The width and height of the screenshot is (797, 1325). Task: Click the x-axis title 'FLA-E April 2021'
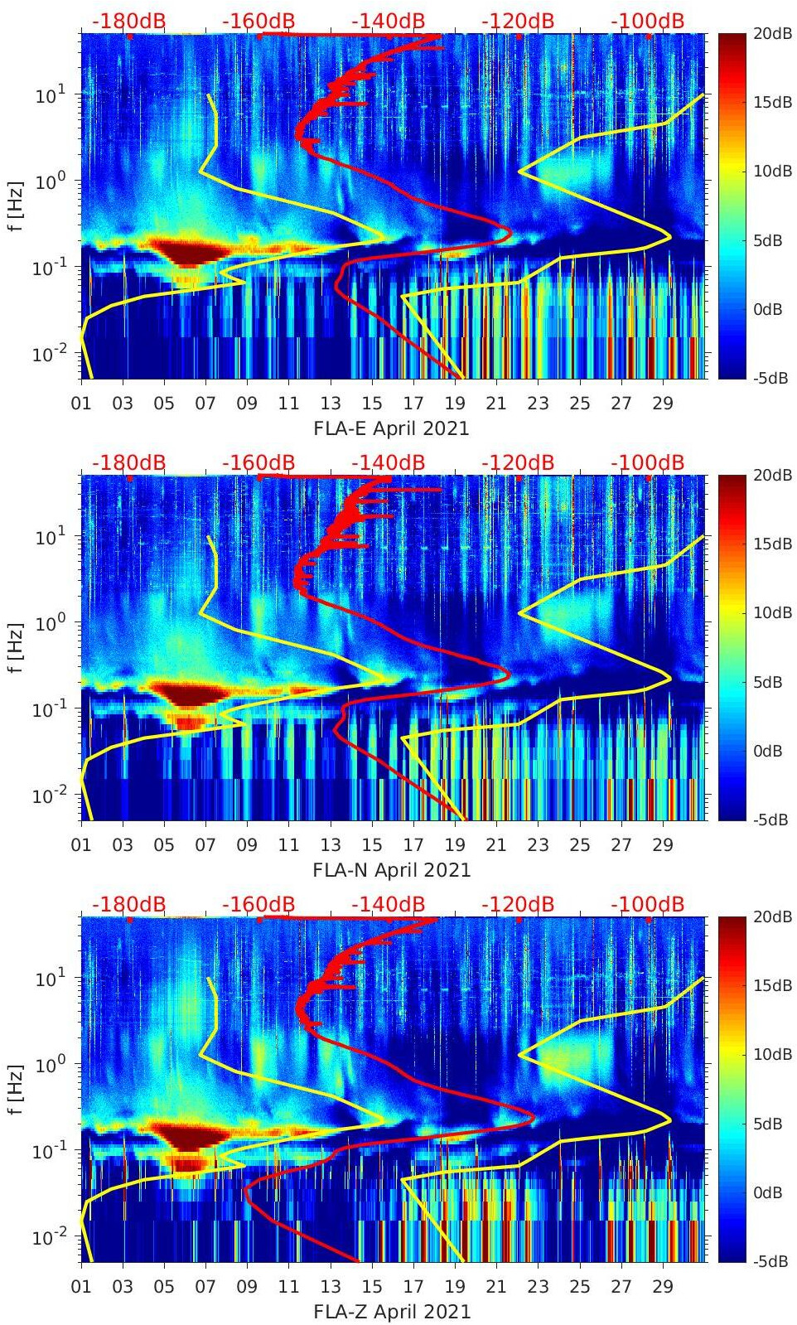pyautogui.click(x=391, y=428)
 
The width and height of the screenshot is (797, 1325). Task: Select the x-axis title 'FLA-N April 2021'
pyautogui.click(x=391, y=870)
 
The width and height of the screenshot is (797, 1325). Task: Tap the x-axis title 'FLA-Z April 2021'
pyautogui.click(x=391, y=1312)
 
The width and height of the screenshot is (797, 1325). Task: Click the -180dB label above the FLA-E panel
pyautogui.click(x=128, y=21)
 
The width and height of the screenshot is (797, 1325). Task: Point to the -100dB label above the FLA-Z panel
pyautogui.click(x=647, y=904)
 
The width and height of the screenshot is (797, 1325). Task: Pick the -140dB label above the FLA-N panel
pyautogui.click(x=388, y=462)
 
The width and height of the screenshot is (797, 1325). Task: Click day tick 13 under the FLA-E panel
pyautogui.click(x=331, y=404)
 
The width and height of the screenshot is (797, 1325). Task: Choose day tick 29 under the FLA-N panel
pyautogui.click(x=663, y=845)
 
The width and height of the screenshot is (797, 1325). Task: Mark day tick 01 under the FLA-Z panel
pyautogui.click(x=81, y=1287)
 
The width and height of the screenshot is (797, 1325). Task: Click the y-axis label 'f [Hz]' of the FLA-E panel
pyautogui.click(x=14, y=206)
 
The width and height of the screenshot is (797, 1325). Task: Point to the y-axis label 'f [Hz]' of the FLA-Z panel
pyautogui.click(x=14, y=1089)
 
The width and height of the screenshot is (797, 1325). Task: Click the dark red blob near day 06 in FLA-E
pyautogui.click(x=190, y=252)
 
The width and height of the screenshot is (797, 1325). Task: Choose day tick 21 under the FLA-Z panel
pyautogui.click(x=496, y=1287)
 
